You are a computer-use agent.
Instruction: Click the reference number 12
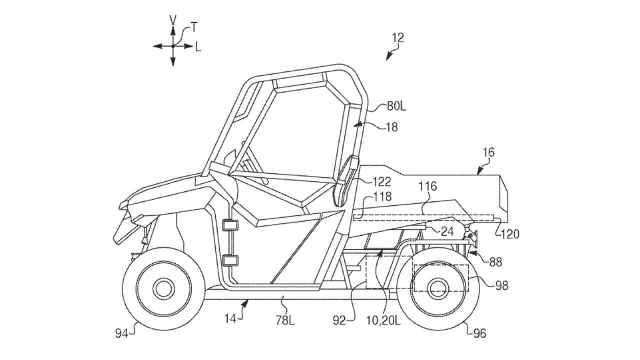[x=398, y=37]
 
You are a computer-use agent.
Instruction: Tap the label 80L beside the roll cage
[x=396, y=106]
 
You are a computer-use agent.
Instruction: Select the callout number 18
[x=392, y=127]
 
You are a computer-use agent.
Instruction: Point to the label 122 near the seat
[x=381, y=182]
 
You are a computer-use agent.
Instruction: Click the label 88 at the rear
[x=496, y=261]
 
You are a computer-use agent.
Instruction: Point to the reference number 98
[x=501, y=285]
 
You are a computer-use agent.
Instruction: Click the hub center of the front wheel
[x=163, y=288]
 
